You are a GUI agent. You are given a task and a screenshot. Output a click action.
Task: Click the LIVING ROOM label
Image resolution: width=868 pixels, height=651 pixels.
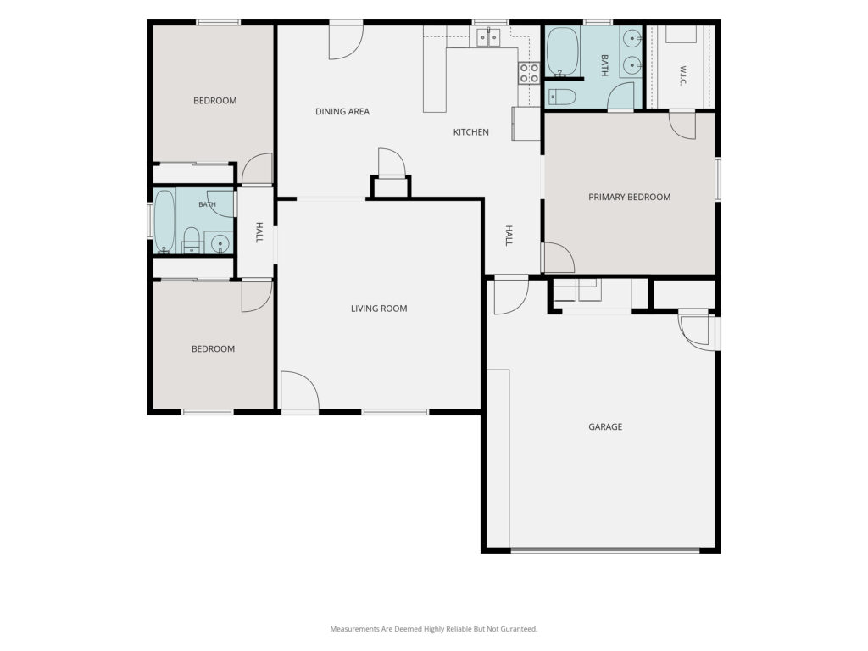click(x=379, y=309)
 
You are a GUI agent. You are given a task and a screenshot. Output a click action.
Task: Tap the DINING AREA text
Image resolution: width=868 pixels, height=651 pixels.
click(x=342, y=111)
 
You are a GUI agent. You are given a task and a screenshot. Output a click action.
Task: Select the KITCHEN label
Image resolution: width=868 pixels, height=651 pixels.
click(x=470, y=131)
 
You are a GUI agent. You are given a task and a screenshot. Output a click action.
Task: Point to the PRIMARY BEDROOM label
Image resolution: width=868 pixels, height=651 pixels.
click(x=630, y=197)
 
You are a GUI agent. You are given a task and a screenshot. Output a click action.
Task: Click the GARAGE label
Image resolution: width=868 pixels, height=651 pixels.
click(x=605, y=426)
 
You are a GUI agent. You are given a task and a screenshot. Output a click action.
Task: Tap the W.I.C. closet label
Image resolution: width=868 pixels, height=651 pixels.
click(x=682, y=75)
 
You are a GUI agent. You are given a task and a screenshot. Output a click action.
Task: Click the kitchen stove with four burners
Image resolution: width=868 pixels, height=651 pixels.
click(x=529, y=73)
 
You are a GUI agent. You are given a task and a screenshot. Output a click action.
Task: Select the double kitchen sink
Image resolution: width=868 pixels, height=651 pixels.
click(x=487, y=37)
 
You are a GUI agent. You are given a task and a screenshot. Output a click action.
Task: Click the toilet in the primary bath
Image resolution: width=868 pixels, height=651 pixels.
click(x=561, y=97)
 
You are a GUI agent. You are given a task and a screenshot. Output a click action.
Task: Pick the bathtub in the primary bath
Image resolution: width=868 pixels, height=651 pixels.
click(x=563, y=52)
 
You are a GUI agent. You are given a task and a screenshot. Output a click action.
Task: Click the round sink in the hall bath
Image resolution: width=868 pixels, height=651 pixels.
click(x=220, y=243)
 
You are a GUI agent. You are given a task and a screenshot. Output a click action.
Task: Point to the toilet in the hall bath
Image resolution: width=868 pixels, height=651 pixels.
click(x=191, y=239)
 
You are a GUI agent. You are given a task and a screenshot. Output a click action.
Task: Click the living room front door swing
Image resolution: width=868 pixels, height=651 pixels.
click(x=299, y=390)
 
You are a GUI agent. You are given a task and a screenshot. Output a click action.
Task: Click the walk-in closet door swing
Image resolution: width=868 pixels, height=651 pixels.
click(x=682, y=125)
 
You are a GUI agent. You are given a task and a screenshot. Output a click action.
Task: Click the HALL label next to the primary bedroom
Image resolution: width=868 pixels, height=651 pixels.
click(x=509, y=236)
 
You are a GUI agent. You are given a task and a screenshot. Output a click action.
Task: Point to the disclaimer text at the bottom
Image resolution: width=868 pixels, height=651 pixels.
click(x=433, y=629)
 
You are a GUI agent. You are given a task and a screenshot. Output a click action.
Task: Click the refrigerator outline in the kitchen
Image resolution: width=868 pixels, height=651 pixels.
click(x=526, y=123)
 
